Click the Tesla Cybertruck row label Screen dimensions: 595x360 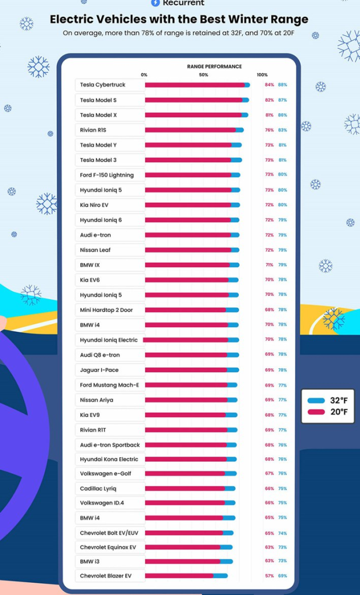[103, 85]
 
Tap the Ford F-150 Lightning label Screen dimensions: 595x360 [107, 175]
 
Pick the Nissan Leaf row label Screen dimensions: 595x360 [95, 250]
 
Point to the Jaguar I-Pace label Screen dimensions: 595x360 [99, 370]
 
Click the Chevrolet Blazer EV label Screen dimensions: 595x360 [106, 576]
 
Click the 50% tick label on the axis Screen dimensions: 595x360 [203, 75]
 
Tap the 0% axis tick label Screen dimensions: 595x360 [144, 75]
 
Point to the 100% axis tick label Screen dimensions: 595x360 [262, 75]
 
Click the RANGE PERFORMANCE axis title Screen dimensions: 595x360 [214, 67]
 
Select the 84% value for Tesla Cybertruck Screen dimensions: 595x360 [269, 85]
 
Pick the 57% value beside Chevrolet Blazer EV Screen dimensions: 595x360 [269, 576]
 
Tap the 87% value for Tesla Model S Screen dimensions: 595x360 [282, 100]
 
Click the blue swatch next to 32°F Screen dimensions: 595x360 [316, 401]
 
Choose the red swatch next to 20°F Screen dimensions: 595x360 [316, 412]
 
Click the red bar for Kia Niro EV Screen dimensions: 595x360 [188, 205]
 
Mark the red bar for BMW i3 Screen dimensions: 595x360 [182, 561]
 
